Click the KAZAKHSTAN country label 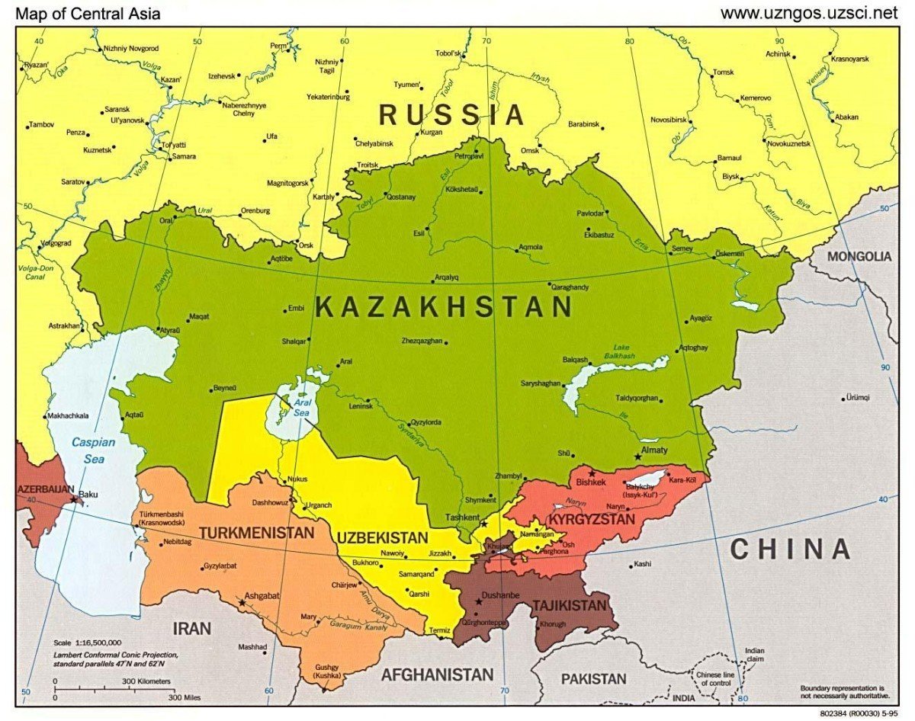click(444, 307)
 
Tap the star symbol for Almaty click(638, 457)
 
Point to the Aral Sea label click(303, 407)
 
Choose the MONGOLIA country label click(859, 257)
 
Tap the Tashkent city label click(461, 517)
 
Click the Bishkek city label click(591, 482)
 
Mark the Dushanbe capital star click(479, 601)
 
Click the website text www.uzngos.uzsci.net click(809, 13)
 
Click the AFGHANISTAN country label click(437, 675)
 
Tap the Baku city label click(88, 494)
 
